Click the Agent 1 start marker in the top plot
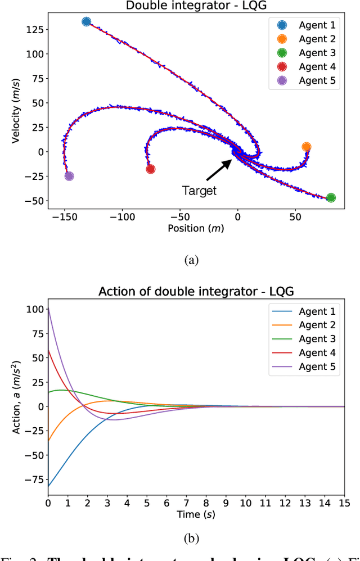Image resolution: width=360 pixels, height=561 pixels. tap(86, 22)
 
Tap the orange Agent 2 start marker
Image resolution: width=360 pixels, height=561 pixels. tap(306, 147)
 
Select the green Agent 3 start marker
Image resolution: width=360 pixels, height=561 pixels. tap(331, 197)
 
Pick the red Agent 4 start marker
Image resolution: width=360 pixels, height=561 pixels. tap(150, 169)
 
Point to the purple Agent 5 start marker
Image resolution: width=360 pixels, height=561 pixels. tap(69, 176)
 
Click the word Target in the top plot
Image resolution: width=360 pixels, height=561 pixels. tap(199, 191)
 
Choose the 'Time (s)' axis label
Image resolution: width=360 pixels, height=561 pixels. tap(195, 514)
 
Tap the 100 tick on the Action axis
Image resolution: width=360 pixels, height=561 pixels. tap(37, 309)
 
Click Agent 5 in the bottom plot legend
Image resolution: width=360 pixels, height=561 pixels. tap(317, 366)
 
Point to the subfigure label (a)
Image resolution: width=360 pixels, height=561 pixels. tap(192, 260)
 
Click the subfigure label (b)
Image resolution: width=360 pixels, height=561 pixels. tap(192, 538)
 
